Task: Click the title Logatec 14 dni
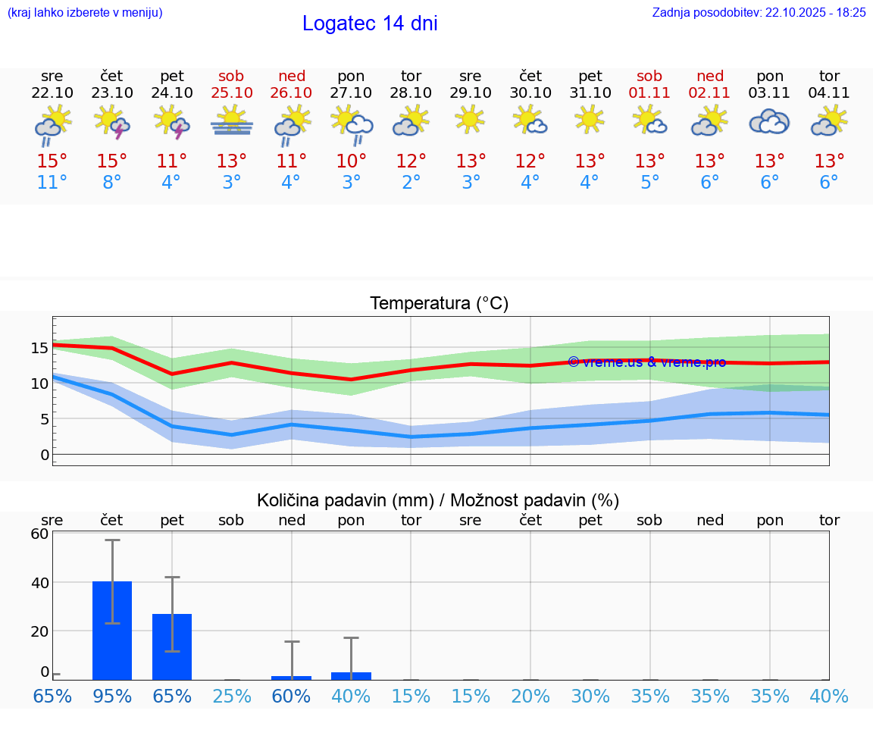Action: [370, 23]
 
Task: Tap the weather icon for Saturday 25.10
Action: [232, 122]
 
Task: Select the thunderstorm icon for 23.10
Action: [112, 122]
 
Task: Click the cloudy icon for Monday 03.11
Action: [769, 122]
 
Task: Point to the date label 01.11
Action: [649, 93]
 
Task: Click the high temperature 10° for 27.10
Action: [352, 161]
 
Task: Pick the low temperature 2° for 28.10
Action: [411, 183]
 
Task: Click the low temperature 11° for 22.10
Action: [52, 183]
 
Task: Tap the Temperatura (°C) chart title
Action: [439, 304]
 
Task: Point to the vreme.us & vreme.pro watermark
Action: [646, 362]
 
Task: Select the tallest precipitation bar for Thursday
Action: [112, 631]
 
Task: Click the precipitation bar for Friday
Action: [172, 647]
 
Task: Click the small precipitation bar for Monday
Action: [352, 676]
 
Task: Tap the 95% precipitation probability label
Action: [112, 697]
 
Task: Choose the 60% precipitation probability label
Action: [292, 697]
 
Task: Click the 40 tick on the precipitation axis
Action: [39, 583]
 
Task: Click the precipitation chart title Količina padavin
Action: [438, 500]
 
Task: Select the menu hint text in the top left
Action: [85, 12]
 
